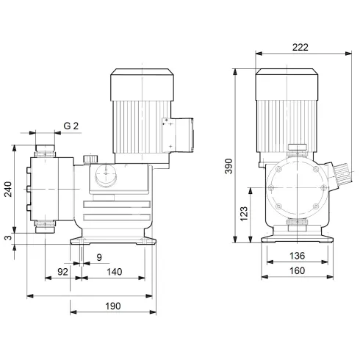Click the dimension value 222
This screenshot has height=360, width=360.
(x=299, y=46)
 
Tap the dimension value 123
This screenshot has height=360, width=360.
(x=244, y=214)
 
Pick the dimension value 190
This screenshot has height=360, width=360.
(x=112, y=306)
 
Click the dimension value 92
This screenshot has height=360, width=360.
(x=63, y=272)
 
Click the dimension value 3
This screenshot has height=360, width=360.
(x=7, y=237)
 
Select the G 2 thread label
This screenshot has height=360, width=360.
(x=71, y=126)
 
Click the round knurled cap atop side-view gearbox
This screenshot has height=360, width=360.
(x=90, y=159)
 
